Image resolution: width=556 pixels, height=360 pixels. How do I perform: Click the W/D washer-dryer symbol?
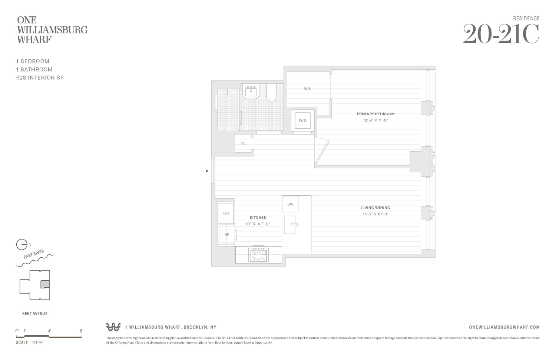tap(302, 120)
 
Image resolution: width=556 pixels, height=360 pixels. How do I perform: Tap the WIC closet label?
tap(308, 89)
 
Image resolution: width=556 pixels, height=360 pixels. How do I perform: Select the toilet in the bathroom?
tap(271, 93)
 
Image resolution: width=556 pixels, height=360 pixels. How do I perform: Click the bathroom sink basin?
tap(251, 92)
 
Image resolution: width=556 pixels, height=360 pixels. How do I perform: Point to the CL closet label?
tap(243, 143)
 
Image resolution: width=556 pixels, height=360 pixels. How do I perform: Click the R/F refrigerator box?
tap(226, 213)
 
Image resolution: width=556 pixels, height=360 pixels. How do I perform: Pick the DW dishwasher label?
tap(290, 204)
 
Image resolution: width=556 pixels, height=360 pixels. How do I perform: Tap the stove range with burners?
tap(259, 255)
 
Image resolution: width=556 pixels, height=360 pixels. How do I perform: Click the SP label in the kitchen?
tap(226, 234)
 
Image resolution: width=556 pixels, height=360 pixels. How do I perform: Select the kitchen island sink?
tap(290, 224)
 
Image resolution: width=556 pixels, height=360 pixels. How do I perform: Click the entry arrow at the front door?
tap(207, 171)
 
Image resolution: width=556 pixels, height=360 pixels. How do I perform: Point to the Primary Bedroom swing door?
tap(322, 151)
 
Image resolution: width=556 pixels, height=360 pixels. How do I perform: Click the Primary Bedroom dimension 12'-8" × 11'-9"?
tap(375, 120)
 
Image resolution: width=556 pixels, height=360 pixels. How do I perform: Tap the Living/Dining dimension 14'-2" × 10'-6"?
tap(375, 214)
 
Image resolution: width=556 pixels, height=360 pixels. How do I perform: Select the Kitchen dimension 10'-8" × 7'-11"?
tap(258, 224)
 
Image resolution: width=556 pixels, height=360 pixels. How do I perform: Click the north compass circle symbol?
tap(21, 245)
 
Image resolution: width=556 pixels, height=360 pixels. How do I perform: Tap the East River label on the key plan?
tap(34, 255)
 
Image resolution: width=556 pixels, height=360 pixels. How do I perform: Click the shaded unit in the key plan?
tap(45, 284)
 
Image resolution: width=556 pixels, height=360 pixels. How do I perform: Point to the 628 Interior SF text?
tap(40, 77)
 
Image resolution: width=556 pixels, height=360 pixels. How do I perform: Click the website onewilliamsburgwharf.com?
tap(504, 327)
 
